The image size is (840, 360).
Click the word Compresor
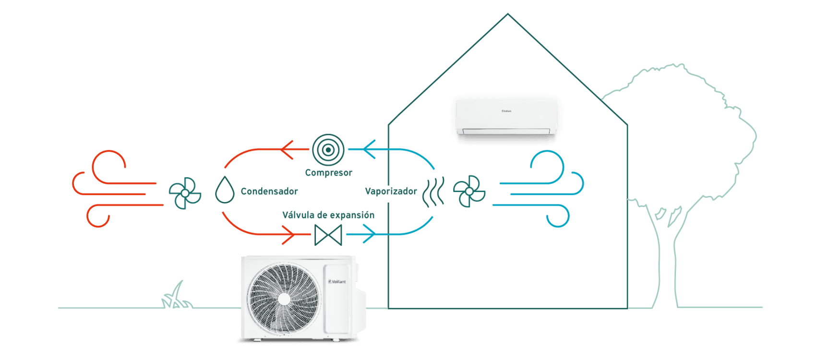tap(329, 173)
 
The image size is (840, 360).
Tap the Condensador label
tap(269, 191)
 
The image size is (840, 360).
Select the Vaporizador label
tap(391, 192)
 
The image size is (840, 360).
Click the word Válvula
tap(298, 215)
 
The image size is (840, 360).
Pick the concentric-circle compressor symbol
tap(328, 150)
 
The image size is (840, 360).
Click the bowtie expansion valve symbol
tap(328, 235)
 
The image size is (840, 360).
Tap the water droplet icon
tap(225, 190)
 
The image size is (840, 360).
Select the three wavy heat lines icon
tap(433, 192)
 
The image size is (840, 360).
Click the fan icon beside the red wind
tap(185, 193)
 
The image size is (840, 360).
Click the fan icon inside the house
tap(469, 191)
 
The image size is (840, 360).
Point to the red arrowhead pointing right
tap(289, 234)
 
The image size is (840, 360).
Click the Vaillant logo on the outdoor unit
tap(337, 282)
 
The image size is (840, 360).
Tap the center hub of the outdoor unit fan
tap(284, 299)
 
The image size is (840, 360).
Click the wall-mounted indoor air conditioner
tap(506, 117)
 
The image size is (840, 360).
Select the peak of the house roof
tap(508, 14)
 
